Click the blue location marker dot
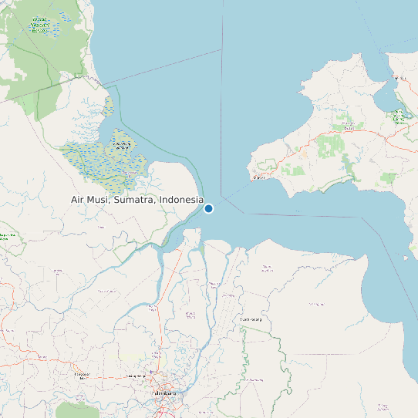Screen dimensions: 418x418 click(x=208, y=208)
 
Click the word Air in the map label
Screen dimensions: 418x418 click(x=79, y=200)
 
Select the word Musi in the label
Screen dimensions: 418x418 click(x=100, y=200)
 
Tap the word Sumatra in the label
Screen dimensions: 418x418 click(x=135, y=200)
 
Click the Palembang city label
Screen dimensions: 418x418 click(x=166, y=393)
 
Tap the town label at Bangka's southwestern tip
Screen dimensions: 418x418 click(x=260, y=178)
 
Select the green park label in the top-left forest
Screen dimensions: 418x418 click(x=44, y=26)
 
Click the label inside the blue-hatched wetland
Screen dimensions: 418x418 click(x=121, y=145)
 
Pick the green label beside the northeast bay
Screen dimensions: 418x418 click(x=398, y=116)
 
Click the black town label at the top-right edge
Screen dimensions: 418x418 click(x=399, y=79)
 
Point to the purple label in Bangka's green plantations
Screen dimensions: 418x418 click(x=348, y=126)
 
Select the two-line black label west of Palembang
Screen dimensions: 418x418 click(x=82, y=376)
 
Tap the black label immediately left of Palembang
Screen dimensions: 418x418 click(x=137, y=376)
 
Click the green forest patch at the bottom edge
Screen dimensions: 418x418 click(x=77, y=410)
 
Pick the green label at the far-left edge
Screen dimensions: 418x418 click(x=7, y=236)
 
